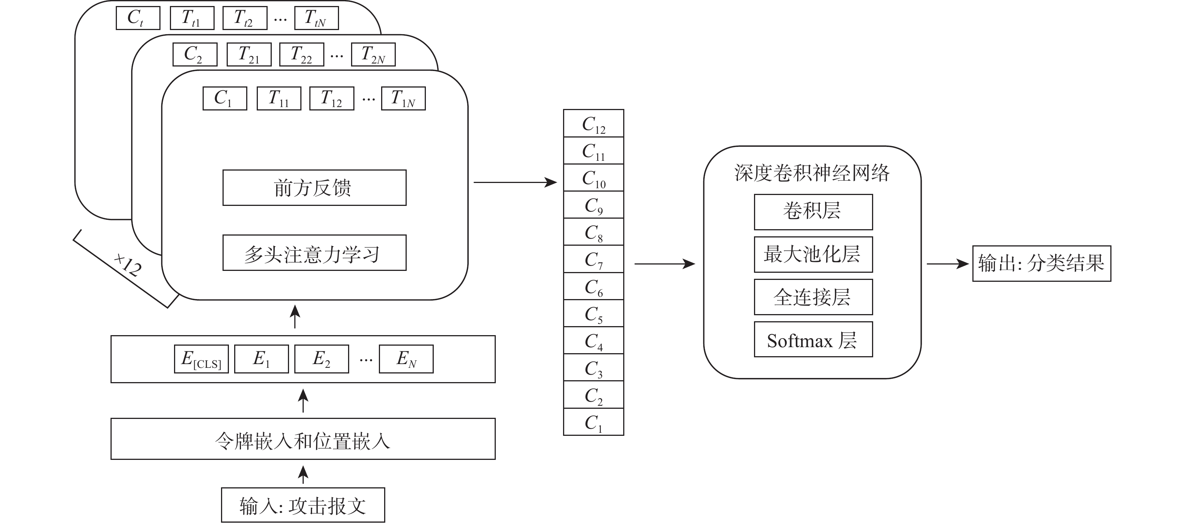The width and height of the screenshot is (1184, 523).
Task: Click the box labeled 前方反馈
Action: pos(314,187)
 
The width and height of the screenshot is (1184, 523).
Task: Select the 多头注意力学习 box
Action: pos(314,253)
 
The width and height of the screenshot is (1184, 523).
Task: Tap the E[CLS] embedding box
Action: pos(201,359)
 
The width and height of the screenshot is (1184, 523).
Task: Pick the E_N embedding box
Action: pos(406,359)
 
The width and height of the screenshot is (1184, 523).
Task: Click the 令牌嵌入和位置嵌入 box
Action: pos(303,439)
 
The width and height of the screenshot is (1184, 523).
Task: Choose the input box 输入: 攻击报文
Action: pos(303,505)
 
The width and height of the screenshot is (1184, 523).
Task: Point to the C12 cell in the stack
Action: pos(594,123)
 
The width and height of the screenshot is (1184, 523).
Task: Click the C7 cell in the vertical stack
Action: pos(594,259)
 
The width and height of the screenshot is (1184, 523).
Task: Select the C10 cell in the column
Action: pos(594,178)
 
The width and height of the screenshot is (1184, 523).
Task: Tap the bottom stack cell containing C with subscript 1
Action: pos(594,422)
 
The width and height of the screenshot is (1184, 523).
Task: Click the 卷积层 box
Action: pos(813,212)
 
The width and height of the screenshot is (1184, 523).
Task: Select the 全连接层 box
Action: pos(813,297)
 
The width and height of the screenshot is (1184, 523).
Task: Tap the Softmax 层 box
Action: pos(813,340)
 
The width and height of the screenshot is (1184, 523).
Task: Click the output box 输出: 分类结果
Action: pos(1042,264)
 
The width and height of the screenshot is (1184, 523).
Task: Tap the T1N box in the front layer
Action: pos(403,98)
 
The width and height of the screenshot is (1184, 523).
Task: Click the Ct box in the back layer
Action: pos(138,18)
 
